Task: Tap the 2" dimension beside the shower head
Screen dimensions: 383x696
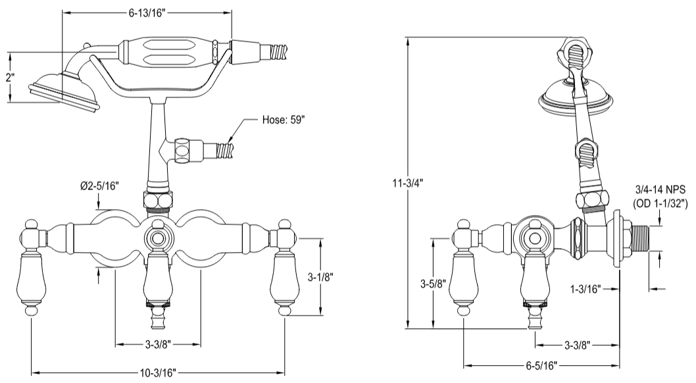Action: click(x=9, y=77)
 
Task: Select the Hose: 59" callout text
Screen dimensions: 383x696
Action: click(x=284, y=120)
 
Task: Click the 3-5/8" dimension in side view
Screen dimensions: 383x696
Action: click(x=434, y=284)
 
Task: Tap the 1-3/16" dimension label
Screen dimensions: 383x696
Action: click(x=585, y=288)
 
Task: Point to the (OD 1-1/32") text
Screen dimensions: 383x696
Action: click(x=660, y=204)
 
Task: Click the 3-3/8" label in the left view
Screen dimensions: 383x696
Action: click(x=158, y=344)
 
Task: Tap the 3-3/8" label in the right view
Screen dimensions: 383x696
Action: click(x=576, y=344)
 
